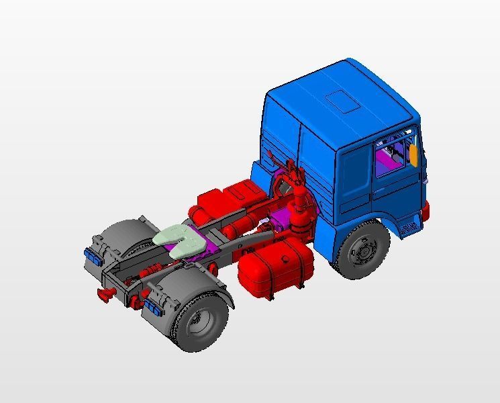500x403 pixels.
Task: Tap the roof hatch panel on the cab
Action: pos(342,100)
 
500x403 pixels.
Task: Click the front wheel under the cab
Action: pos(362,251)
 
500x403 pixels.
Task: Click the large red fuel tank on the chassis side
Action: pos(275,269)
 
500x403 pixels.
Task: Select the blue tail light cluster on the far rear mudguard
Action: pos(89,255)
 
